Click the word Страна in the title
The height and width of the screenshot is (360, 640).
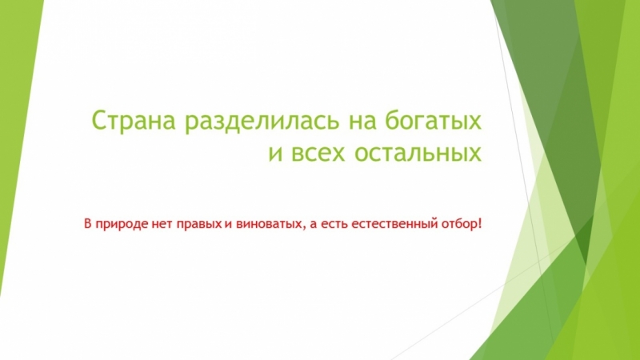(135, 122)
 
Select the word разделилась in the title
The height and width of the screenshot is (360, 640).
(262, 122)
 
